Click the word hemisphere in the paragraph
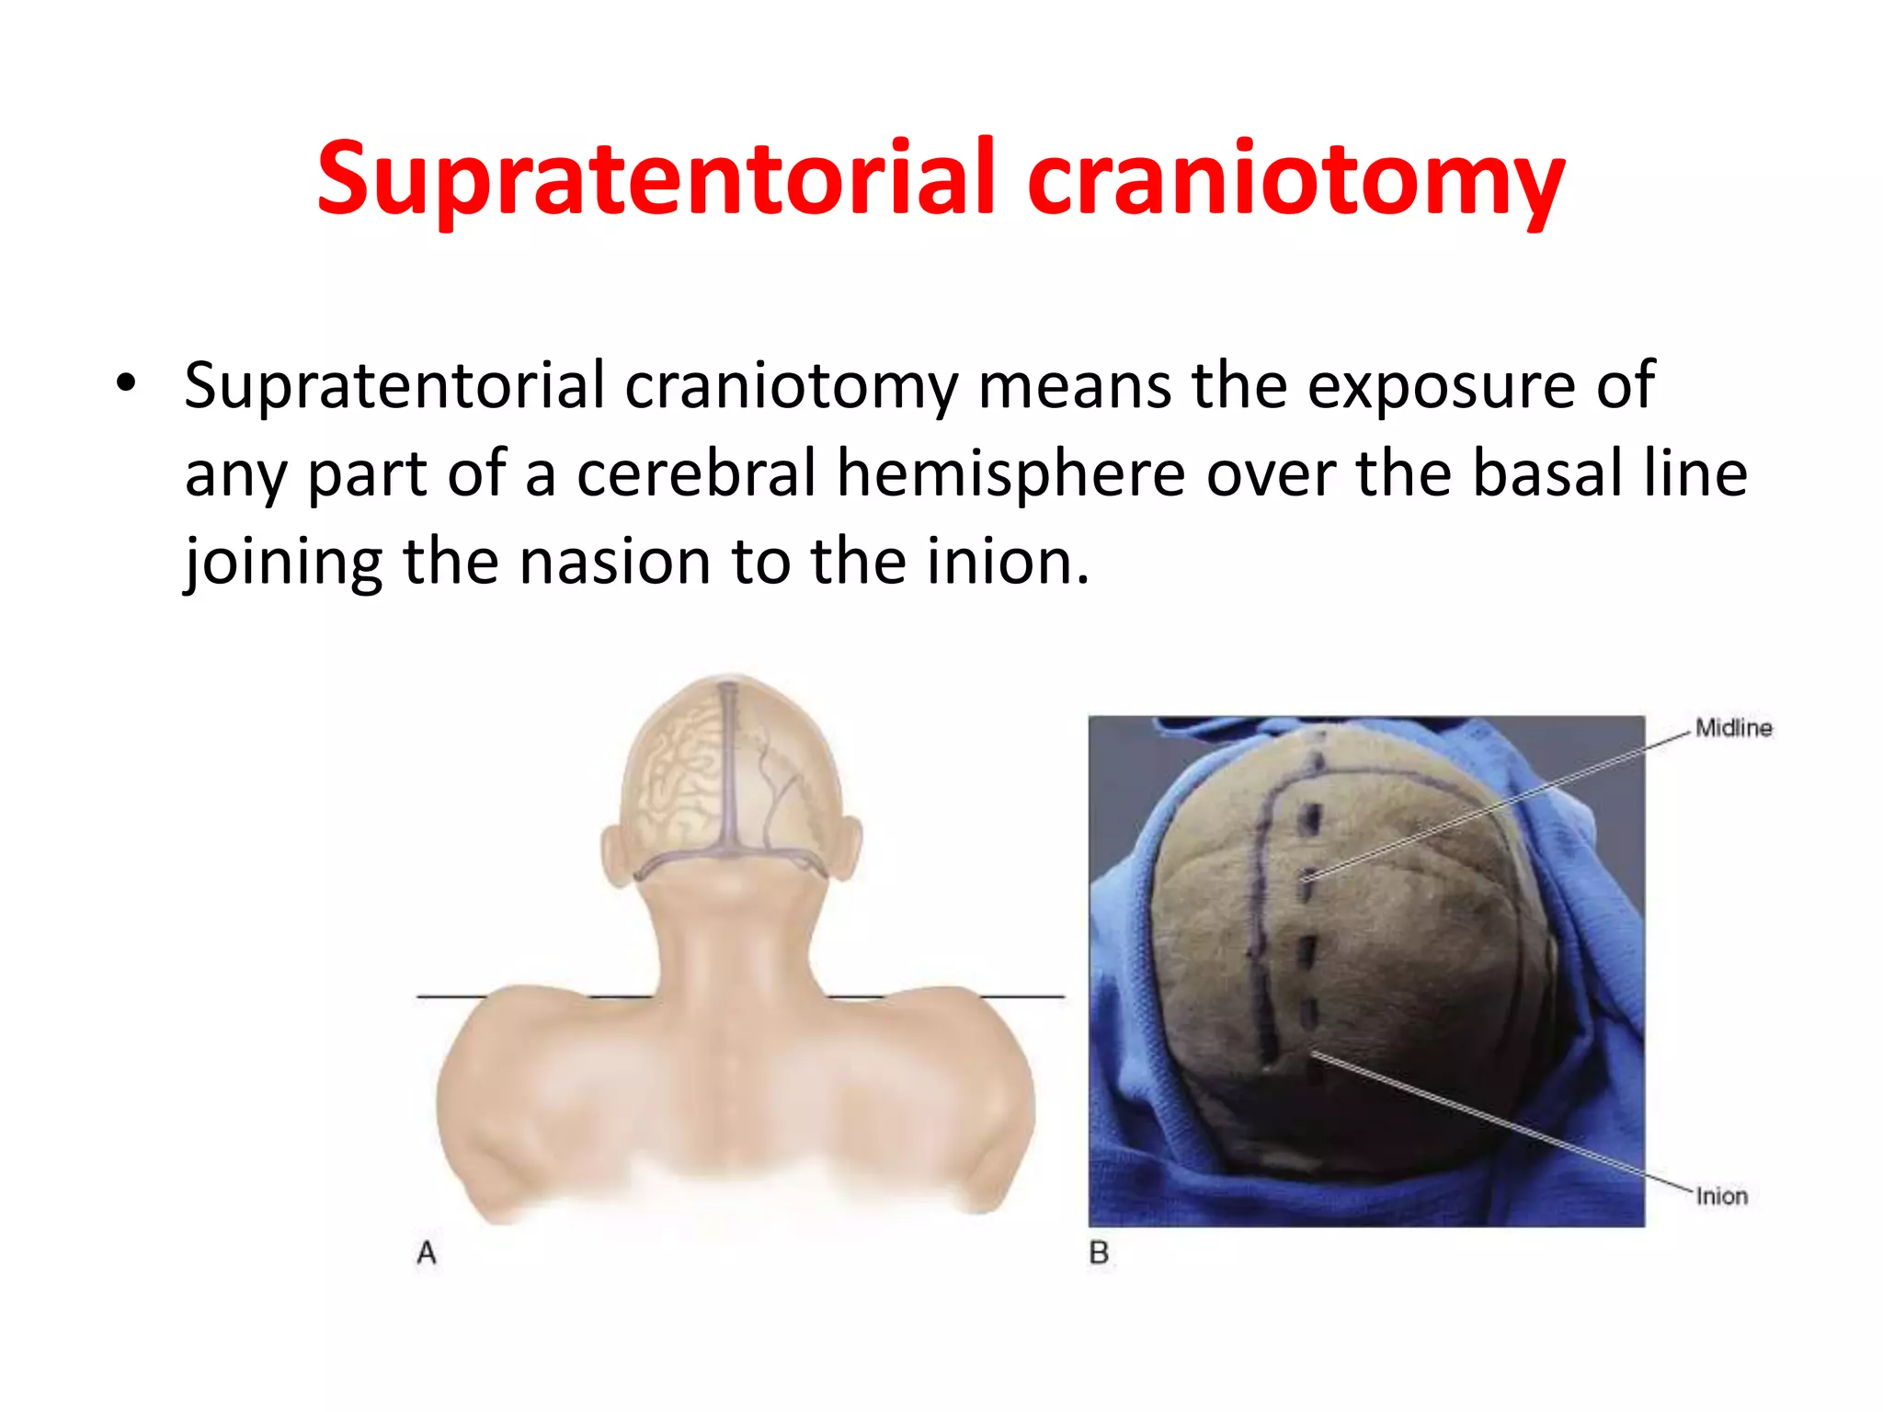(1011, 473)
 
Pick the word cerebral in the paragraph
(696, 473)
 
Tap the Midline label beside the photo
(1733, 728)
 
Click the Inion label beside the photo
(1721, 1196)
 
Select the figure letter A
(427, 1253)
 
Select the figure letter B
(1099, 1253)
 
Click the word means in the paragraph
(1074, 384)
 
